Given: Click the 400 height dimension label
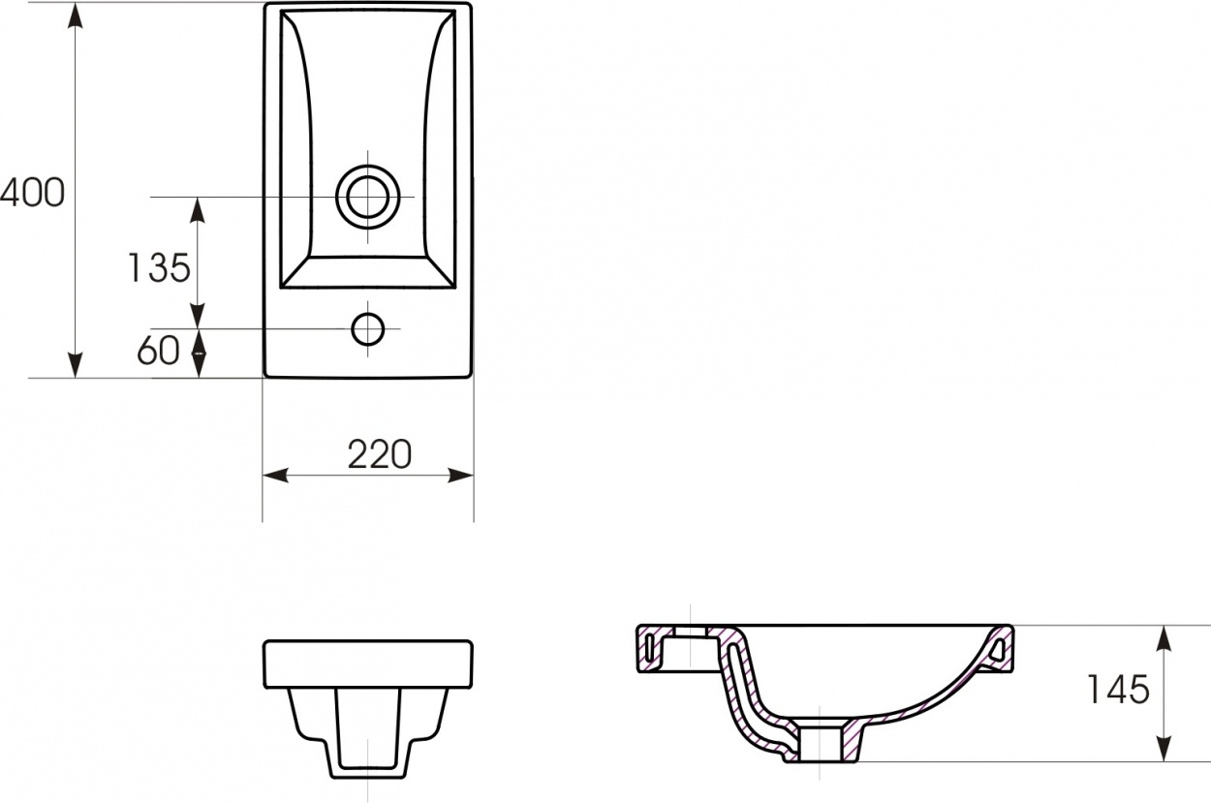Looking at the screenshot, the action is (x=32, y=193).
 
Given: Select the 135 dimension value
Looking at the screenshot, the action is (x=159, y=268).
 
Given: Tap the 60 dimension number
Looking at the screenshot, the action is (x=158, y=351).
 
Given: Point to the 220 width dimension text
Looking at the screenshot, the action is (x=380, y=454).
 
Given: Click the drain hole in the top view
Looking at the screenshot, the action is (x=367, y=197).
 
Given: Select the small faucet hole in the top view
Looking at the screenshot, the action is (x=367, y=328).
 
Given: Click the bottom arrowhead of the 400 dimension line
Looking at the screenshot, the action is (x=76, y=365).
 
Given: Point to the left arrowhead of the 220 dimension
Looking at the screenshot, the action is (x=275, y=476).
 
